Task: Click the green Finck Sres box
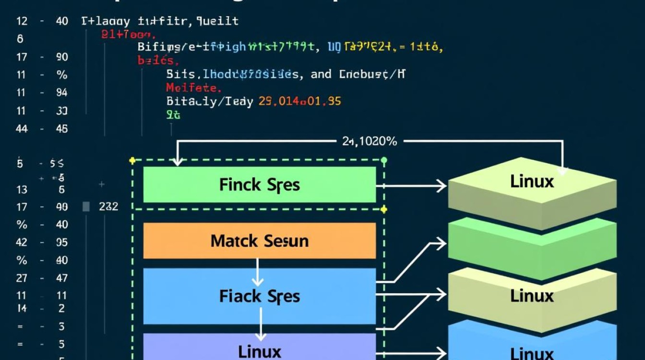point(259,185)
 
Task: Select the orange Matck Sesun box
point(259,240)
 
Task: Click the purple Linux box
point(259,349)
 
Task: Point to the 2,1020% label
point(370,141)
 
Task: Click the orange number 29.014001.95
point(299,101)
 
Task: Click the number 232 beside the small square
point(108,207)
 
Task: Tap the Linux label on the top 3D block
point(532,181)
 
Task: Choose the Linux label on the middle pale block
point(532,296)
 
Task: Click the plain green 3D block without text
point(532,247)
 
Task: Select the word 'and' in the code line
point(321,74)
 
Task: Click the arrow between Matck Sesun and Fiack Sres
point(258,272)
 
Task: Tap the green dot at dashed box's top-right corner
point(383,160)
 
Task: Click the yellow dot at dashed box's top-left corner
point(132,160)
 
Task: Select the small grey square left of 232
point(86,207)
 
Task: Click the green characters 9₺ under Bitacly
point(173,115)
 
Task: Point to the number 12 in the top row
point(22,21)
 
